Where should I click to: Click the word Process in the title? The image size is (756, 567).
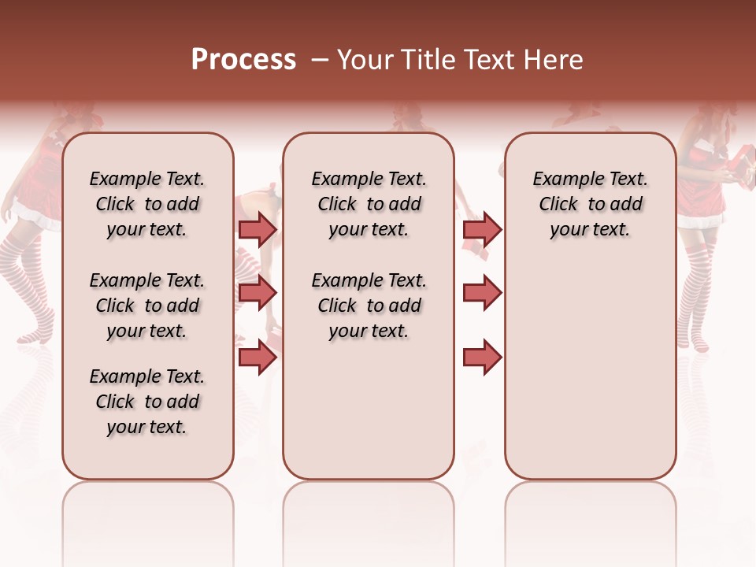click(243, 60)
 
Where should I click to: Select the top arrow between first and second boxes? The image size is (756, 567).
click(257, 229)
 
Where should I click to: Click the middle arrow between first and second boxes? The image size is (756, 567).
click(257, 293)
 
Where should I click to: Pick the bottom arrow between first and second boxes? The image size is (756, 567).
click(257, 357)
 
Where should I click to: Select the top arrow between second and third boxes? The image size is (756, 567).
click(482, 229)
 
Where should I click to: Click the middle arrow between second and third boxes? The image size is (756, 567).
click(482, 293)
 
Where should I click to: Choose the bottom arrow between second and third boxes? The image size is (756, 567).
click(482, 357)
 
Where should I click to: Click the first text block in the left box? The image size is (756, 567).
click(147, 204)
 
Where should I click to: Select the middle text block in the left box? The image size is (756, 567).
click(147, 306)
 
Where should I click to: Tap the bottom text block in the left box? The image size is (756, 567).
click(147, 402)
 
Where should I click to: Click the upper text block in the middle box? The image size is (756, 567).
click(369, 204)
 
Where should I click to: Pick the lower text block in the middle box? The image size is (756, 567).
click(369, 306)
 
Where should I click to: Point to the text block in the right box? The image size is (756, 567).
click(590, 204)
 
